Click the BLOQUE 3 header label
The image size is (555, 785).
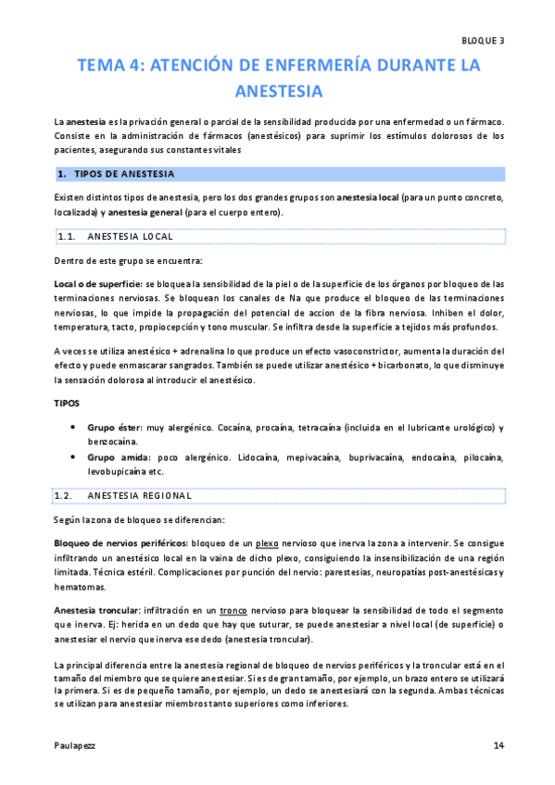pyautogui.click(x=482, y=41)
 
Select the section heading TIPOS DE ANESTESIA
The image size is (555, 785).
pyautogui.click(x=129, y=174)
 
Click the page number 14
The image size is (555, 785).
pyautogui.click(x=498, y=745)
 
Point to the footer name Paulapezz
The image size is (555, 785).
pyautogui.click(x=74, y=745)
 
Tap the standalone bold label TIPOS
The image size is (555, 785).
pyautogui.click(x=68, y=405)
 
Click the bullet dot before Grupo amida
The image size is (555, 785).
pyautogui.click(x=73, y=457)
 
